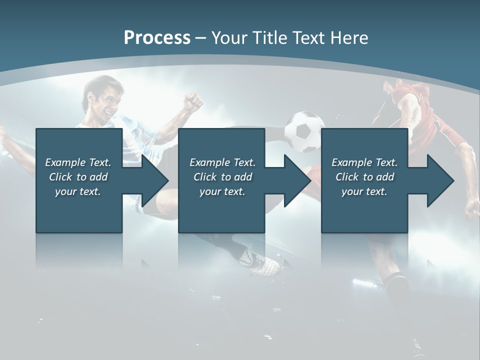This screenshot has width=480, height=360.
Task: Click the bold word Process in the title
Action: tap(157, 38)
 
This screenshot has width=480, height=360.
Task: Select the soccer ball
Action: tap(304, 131)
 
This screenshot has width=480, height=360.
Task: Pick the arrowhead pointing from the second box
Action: tap(297, 180)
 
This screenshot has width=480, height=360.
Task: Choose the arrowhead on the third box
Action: tap(440, 180)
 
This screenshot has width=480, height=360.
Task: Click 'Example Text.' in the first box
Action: tap(78, 162)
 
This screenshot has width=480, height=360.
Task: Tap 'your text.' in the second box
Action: tap(222, 191)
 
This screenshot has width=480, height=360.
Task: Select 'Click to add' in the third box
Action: tap(364, 177)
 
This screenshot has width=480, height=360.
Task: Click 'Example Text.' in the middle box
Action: tap(222, 162)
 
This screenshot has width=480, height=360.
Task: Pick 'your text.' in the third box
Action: tap(364, 191)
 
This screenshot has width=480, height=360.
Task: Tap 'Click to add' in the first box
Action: tap(78, 177)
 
